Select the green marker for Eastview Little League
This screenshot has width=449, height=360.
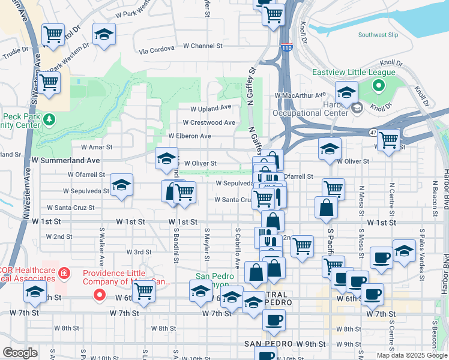coord(378,86)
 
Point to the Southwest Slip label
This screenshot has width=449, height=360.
coord(378,35)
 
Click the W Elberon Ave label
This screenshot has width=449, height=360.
coord(189,136)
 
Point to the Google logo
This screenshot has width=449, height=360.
coord(20,353)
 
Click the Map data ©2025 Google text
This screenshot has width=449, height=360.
coord(411,355)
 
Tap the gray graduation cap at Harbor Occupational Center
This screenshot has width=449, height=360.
coord(357,108)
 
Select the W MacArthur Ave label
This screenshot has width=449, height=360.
coord(300,95)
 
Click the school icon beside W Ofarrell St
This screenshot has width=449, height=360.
coord(121,185)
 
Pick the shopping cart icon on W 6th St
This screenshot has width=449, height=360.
coord(144,291)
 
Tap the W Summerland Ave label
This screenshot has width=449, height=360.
coord(65,161)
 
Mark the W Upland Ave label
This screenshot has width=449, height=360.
coord(211,109)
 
